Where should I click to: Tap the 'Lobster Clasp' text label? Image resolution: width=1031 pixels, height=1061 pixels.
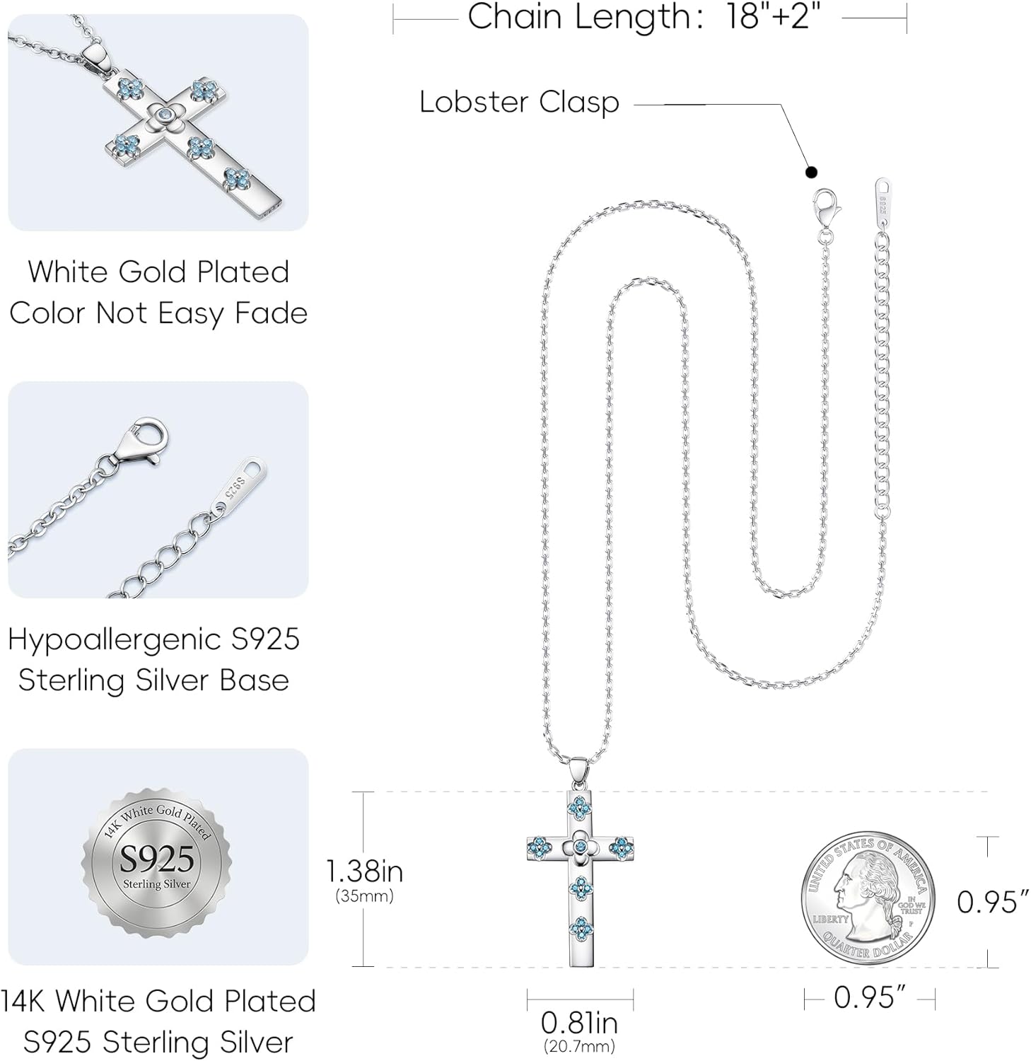pos(519,103)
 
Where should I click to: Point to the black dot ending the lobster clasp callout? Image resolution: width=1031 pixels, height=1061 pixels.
pos(811,172)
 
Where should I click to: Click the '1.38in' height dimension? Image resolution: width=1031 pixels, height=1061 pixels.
pos(364,871)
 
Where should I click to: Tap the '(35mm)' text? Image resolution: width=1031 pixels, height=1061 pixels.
pos(364,896)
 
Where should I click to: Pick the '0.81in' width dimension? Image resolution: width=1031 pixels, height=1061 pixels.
pos(579,1023)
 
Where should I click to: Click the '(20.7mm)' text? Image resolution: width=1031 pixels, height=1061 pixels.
pos(579,1045)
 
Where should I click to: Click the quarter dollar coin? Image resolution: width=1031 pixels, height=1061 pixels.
pos(868,898)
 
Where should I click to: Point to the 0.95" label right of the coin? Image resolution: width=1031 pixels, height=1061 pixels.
pos(991,902)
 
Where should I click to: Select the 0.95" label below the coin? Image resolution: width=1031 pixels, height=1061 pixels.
pos(869,998)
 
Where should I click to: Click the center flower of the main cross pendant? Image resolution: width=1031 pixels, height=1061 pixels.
pos(580,846)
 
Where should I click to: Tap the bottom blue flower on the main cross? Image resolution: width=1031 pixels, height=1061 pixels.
pos(581,927)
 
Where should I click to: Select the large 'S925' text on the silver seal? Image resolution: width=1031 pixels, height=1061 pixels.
pos(156,859)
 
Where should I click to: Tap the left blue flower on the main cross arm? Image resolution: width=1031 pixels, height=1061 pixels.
pos(539,845)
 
